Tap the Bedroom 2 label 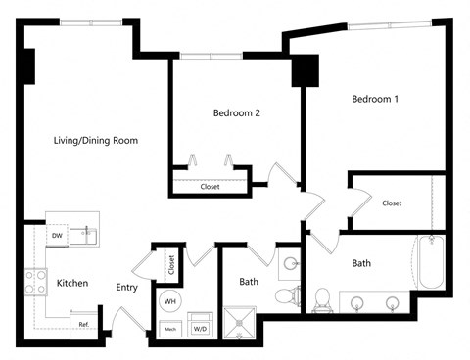(236, 113)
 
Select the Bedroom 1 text (375, 100)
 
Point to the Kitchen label (72, 284)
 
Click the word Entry (127, 287)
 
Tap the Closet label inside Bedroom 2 (210, 186)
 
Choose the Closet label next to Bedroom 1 (392, 203)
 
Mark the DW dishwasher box (57, 236)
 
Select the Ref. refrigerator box (84, 324)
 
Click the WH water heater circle (170, 300)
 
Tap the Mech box (170, 328)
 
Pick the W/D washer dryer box (201, 328)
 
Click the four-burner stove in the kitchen (35, 283)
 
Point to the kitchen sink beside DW (87, 233)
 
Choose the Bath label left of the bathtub (361, 263)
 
